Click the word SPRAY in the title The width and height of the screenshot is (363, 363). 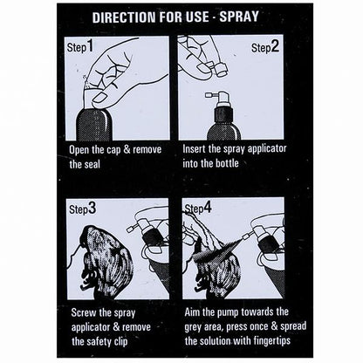239,17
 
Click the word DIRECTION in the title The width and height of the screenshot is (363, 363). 125,17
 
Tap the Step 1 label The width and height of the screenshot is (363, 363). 80,46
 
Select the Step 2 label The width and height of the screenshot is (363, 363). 265,46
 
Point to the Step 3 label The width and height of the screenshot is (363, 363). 83,209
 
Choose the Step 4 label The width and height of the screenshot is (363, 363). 199,208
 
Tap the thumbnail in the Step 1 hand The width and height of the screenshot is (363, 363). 99,98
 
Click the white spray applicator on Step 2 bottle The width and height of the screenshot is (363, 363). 219,99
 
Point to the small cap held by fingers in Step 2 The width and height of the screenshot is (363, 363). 222,69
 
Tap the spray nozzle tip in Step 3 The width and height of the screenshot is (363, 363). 128,229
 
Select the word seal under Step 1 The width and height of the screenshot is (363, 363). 92,164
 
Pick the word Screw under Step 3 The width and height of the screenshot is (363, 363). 84,313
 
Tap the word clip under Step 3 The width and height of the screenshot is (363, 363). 120,342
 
